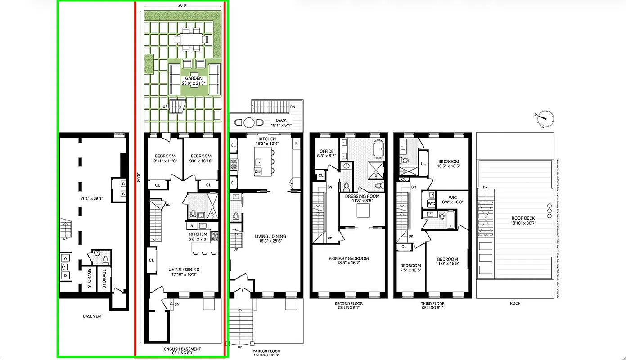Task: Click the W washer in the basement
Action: coord(65,258)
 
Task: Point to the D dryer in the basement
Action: coord(65,275)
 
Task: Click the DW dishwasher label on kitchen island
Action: coord(258,171)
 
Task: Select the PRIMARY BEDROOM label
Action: coord(348,258)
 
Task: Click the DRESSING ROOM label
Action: coord(362,196)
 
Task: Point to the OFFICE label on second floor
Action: coord(326,151)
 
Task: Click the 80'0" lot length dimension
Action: coord(139,178)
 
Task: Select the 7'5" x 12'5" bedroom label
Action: coord(410,265)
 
